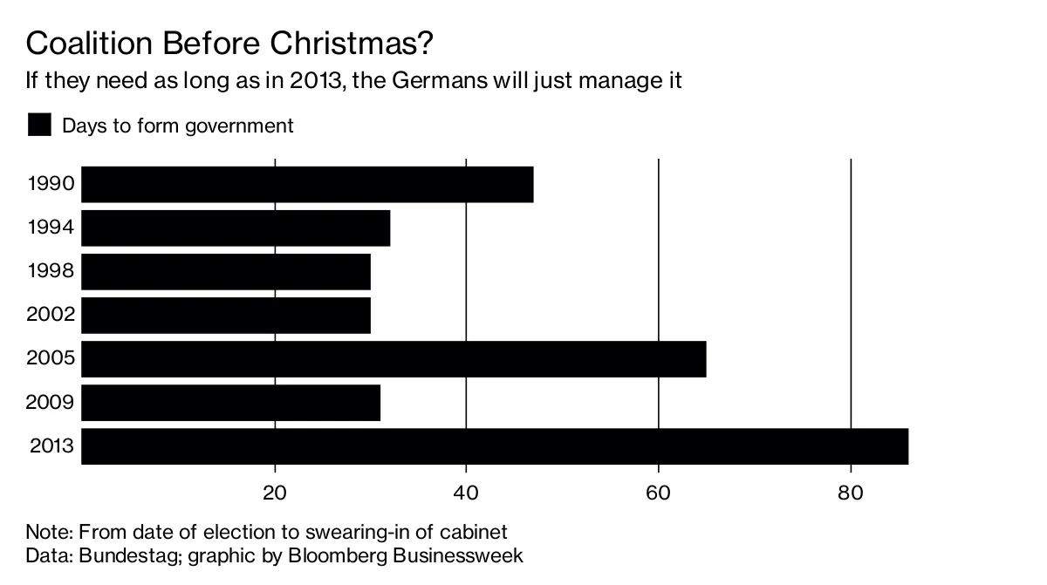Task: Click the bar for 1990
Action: coord(307,185)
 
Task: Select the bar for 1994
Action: coord(236,228)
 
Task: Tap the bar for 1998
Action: coord(226,272)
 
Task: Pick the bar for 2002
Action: coord(226,316)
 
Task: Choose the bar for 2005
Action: coord(393,359)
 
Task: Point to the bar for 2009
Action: coord(230,403)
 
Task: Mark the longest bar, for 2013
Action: coord(495,446)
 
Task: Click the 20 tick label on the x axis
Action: coord(275,493)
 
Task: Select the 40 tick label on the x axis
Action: coord(467,493)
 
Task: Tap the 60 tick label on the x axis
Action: coord(658,493)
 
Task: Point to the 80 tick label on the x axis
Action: coord(850,493)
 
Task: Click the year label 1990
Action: coord(51,185)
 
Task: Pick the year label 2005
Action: coord(51,359)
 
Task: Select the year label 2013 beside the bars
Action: coord(51,447)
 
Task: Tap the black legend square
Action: coord(39,125)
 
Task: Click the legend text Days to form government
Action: coord(177,126)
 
